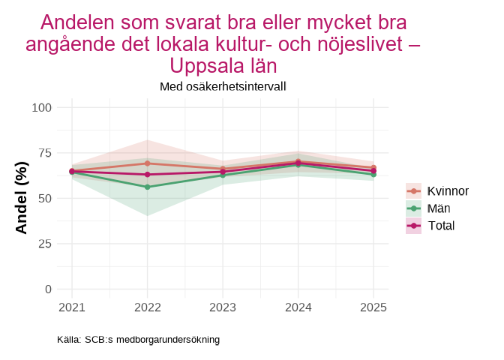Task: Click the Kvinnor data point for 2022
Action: pyautogui.click(x=147, y=163)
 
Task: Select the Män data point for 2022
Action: pyautogui.click(x=147, y=187)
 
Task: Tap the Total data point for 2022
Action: pyautogui.click(x=147, y=175)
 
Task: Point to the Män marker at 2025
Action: pyautogui.click(x=373, y=175)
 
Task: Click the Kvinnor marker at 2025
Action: pyautogui.click(x=373, y=167)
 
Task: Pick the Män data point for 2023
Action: pyautogui.click(x=223, y=175)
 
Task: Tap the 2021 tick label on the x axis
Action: pyautogui.click(x=72, y=307)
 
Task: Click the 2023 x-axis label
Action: pyautogui.click(x=223, y=307)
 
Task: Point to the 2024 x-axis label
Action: pyautogui.click(x=298, y=307)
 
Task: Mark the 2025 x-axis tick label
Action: pyautogui.click(x=373, y=307)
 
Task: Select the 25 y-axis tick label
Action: pyautogui.click(x=44, y=244)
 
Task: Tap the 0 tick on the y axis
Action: pyautogui.click(x=48, y=289)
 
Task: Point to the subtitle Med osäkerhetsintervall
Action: pyautogui.click(x=223, y=86)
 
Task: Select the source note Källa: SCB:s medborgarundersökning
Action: pyautogui.click(x=138, y=340)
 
